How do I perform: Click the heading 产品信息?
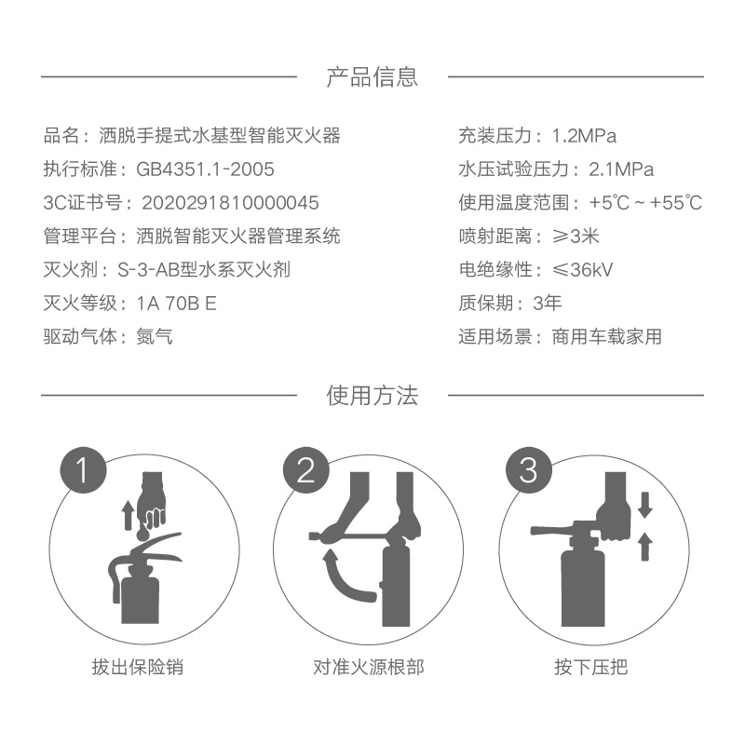pyautogui.click(x=372, y=76)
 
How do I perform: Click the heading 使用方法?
pyautogui.click(x=372, y=395)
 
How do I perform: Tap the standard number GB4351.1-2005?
pyautogui.click(x=205, y=169)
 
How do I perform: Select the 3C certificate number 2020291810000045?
pyautogui.click(x=230, y=203)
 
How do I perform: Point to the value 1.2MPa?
pyautogui.click(x=584, y=136)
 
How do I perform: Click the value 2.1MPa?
pyautogui.click(x=621, y=169)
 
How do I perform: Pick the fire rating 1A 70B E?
pyautogui.click(x=176, y=304)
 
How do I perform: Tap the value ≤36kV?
pyautogui.click(x=583, y=270)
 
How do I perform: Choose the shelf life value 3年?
pyautogui.click(x=548, y=304)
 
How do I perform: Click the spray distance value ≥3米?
pyautogui.click(x=576, y=237)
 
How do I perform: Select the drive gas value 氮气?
pyautogui.click(x=155, y=337)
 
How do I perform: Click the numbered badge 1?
pyautogui.click(x=83, y=470)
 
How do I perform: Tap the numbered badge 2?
pyautogui.click(x=306, y=470)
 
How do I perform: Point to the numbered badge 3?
pyautogui.click(x=529, y=470)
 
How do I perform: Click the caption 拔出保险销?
pyautogui.click(x=138, y=667)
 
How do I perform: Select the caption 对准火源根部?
pyautogui.click(x=369, y=667)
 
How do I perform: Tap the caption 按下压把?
pyautogui.click(x=590, y=667)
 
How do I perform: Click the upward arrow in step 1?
pyautogui.click(x=128, y=517)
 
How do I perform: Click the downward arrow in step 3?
pyautogui.click(x=644, y=505)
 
